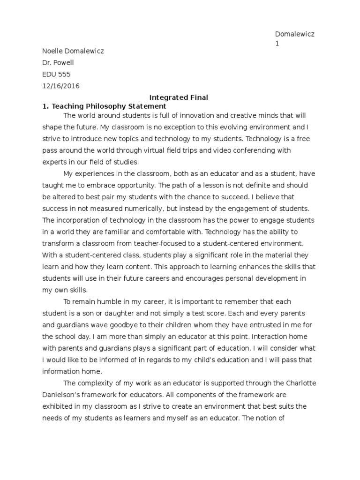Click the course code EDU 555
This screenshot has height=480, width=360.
57,74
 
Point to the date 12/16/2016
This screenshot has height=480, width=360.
61,86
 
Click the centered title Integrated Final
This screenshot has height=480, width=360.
178,97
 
